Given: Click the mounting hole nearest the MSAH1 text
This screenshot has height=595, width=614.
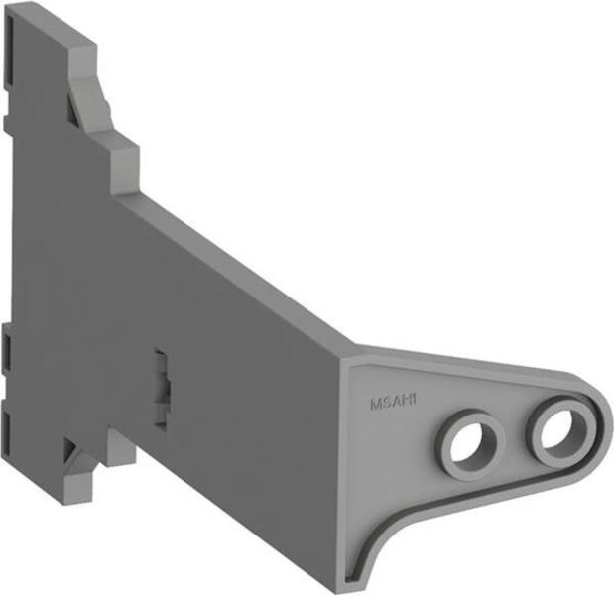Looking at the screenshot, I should click(466, 443).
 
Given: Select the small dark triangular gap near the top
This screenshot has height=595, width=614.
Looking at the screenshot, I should click(72, 99).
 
